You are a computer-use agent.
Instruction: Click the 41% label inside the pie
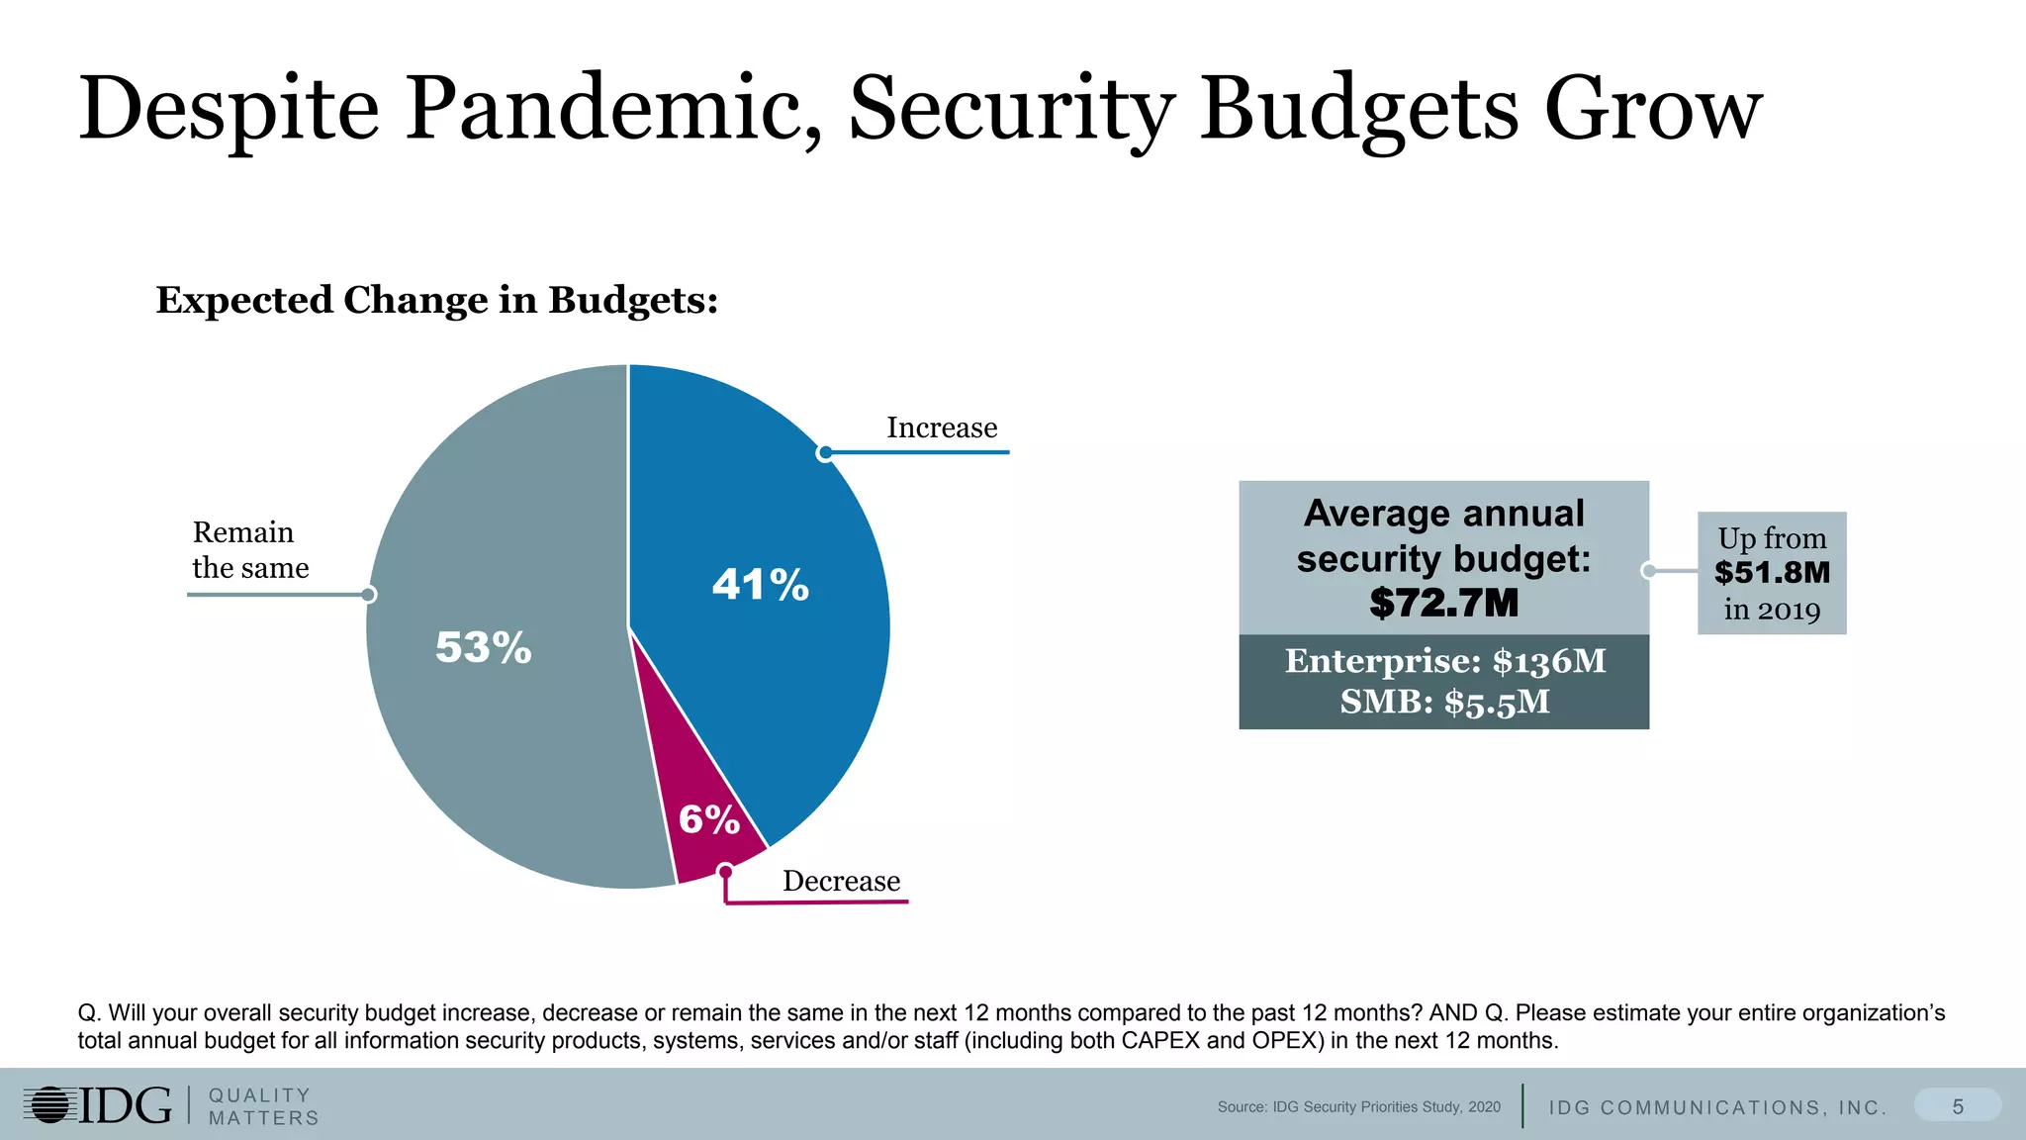click(760, 585)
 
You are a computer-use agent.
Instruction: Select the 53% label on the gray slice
click(483, 648)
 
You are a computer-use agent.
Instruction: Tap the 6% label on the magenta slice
click(708, 819)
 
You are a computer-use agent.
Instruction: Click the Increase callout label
click(942, 427)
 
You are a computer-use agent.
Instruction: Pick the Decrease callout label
click(841, 881)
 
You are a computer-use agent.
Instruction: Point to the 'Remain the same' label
click(249, 550)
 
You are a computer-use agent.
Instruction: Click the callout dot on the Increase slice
click(825, 453)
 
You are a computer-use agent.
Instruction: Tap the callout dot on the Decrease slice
click(725, 872)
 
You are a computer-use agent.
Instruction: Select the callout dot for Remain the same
click(368, 595)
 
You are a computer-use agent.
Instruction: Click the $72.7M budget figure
click(1443, 603)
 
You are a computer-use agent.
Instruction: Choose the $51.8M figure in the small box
click(1772, 573)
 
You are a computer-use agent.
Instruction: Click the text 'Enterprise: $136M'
click(1444, 661)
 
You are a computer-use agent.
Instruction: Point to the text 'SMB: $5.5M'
click(1444, 703)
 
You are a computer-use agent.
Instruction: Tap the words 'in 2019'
click(1772, 610)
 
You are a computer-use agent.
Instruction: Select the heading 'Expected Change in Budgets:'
click(436, 300)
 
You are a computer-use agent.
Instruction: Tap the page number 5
click(1957, 1106)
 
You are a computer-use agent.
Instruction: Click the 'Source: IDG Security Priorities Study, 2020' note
click(1358, 1107)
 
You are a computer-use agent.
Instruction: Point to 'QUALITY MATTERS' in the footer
click(263, 1106)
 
